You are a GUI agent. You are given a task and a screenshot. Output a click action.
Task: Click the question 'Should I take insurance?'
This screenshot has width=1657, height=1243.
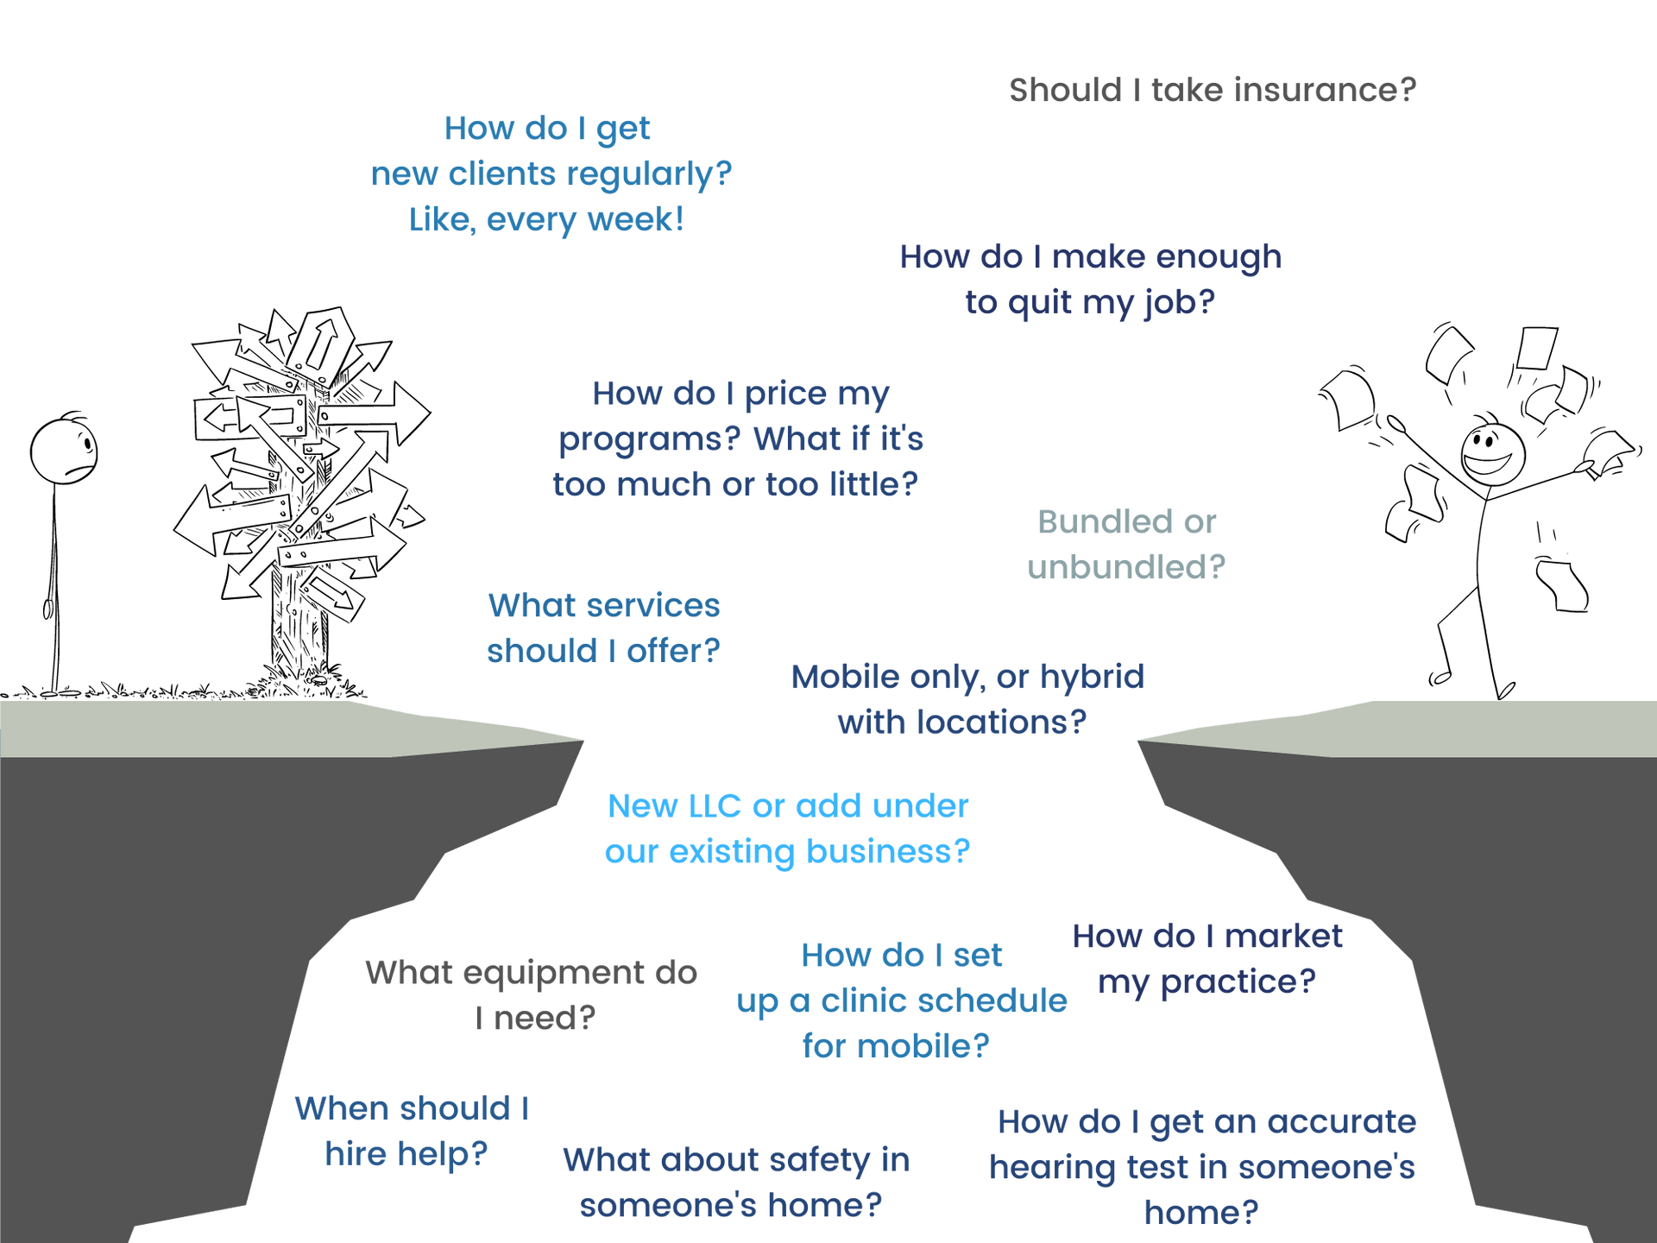(1213, 90)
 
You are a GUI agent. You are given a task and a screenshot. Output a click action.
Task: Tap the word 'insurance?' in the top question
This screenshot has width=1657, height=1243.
(1325, 90)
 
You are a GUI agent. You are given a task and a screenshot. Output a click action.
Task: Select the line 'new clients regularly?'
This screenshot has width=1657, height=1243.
(551, 174)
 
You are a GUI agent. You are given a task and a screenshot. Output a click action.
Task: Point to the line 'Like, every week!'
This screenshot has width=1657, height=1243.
(546, 219)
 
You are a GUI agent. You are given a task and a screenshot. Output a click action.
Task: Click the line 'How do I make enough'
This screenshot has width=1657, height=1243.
(1090, 256)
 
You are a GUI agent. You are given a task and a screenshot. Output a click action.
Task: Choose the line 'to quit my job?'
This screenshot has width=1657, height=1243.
(1090, 302)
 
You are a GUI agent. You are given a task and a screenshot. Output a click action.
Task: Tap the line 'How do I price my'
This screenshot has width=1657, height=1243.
(740, 394)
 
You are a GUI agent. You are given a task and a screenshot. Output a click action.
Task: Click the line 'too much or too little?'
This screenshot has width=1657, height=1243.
(736, 484)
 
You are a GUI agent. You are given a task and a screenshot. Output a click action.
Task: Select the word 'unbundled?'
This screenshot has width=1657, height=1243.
(1126, 567)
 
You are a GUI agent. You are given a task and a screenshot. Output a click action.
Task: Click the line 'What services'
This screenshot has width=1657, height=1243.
(604, 606)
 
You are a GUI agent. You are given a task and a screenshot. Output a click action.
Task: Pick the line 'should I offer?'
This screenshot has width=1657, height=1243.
(603, 650)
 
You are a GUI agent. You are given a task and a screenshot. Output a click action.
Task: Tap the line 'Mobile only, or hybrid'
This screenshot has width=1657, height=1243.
(967, 677)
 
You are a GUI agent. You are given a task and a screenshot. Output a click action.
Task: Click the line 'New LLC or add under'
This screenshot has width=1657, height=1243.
(788, 806)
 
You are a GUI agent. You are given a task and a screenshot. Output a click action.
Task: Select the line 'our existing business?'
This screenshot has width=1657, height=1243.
(786, 852)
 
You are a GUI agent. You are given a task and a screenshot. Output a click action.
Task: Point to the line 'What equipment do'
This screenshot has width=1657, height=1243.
(532, 975)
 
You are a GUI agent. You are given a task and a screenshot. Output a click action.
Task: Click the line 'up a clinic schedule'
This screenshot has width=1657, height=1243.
(902, 1001)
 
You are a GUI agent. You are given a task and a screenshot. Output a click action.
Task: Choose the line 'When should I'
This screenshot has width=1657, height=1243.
(412, 1108)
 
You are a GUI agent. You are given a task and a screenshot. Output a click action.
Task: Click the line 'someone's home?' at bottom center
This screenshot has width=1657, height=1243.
(731, 1208)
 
